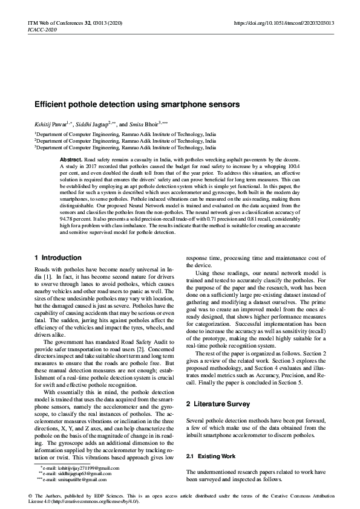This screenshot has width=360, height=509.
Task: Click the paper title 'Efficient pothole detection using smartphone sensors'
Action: click(137, 105)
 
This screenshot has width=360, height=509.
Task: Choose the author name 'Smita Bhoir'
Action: click(151, 121)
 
